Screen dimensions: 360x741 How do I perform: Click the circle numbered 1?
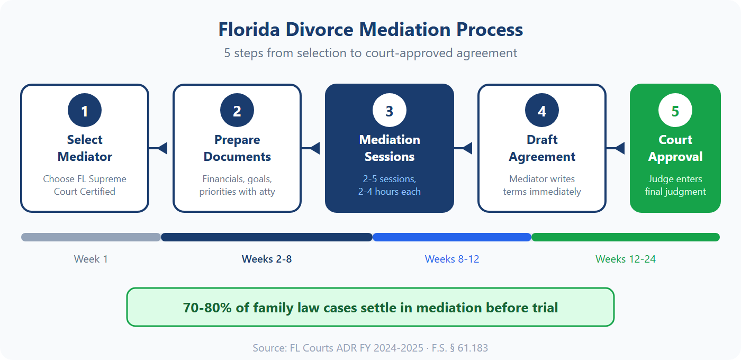click(85, 111)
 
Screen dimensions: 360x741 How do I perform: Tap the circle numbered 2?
click(237, 111)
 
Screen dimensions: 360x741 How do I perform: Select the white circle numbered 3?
click(390, 111)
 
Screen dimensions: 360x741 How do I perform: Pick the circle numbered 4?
click(542, 111)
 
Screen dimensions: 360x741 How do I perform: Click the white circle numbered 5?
click(675, 111)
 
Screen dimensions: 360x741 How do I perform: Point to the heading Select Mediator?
click(85, 148)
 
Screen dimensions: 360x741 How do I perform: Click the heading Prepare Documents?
click(237, 148)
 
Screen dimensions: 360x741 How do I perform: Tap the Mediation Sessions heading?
click(390, 148)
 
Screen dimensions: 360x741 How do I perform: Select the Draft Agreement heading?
click(542, 148)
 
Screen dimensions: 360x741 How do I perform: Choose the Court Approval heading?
click(675, 148)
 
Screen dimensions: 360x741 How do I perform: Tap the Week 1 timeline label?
click(91, 259)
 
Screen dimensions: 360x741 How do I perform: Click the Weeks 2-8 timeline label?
click(267, 259)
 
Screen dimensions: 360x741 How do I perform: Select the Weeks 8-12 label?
click(452, 259)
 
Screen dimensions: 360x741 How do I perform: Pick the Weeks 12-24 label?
click(626, 259)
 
